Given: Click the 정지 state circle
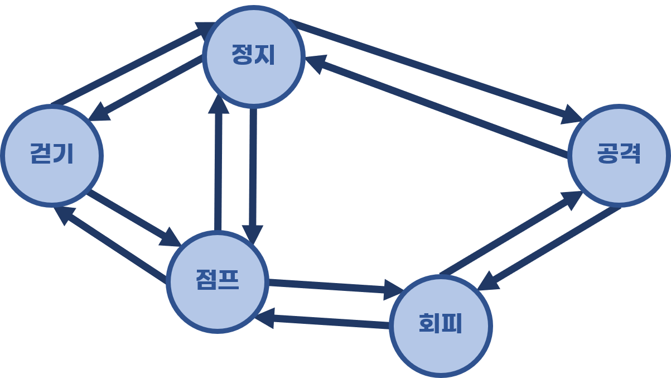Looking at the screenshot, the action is (x=254, y=56).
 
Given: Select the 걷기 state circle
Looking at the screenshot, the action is (x=52, y=155).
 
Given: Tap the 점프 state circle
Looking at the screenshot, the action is (x=218, y=281).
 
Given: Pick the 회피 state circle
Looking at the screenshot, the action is (x=441, y=326).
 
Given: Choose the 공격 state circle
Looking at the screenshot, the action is (x=619, y=155).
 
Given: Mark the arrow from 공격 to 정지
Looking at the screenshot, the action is (x=435, y=106).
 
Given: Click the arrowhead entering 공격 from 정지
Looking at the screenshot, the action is (x=572, y=116).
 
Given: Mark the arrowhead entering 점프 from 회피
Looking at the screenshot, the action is (x=265, y=317).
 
